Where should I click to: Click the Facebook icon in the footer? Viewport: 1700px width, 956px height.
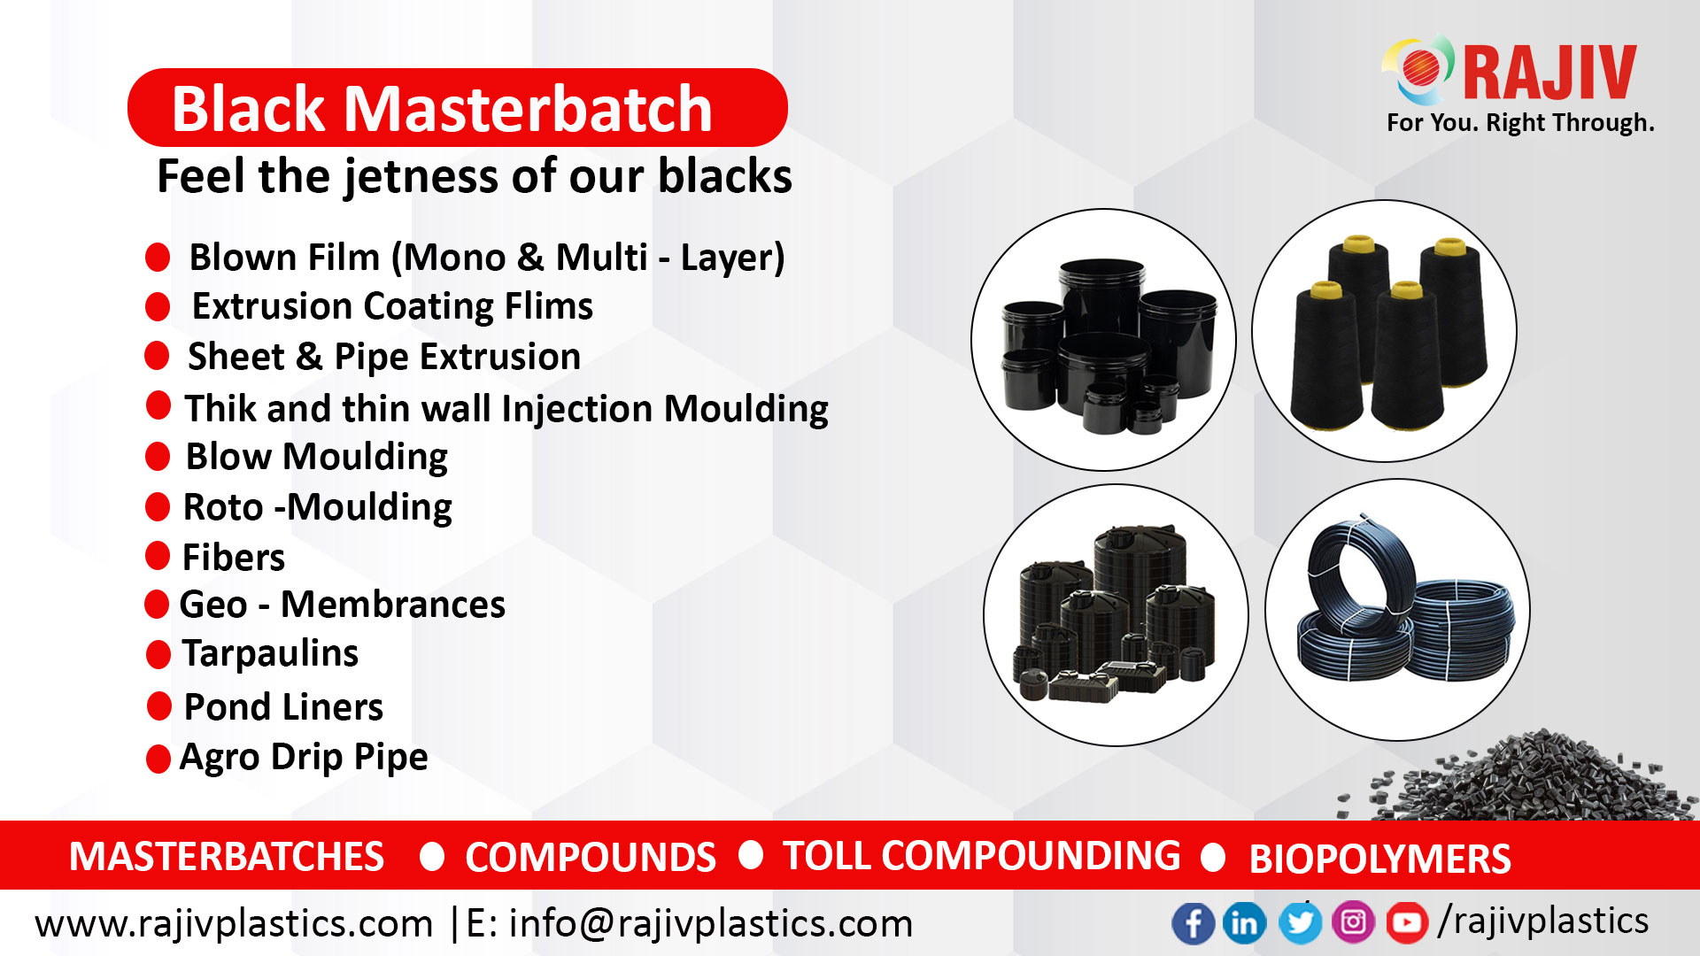tap(1193, 923)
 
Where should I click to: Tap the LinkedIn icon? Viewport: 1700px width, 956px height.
tap(1244, 923)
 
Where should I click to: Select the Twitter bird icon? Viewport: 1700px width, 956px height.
tap(1299, 923)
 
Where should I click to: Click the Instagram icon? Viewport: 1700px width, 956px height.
tap(1353, 923)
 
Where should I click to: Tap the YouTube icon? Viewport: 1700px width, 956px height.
tap(1406, 923)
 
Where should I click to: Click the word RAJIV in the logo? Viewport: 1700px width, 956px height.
tap(1549, 73)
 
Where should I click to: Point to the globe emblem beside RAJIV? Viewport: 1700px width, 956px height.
tap(1418, 69)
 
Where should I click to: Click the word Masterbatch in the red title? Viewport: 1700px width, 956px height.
tap(528, 109)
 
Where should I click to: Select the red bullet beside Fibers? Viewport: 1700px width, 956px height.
tap(158, 556)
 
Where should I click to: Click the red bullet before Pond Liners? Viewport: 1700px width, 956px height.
tap(159, 706)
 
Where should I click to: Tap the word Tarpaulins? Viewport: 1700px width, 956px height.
tap(270, 653)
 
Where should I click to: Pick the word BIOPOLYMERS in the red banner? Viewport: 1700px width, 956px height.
tap(1379, 859)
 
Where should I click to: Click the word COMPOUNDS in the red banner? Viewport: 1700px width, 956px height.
tap(591, 857)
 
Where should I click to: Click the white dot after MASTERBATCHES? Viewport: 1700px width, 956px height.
tap(432, 856)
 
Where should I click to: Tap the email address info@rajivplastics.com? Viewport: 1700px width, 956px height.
tap(711, 923)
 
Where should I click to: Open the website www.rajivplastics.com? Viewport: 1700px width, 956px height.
tap(234, 923)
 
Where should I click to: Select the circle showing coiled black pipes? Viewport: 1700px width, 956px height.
tap(1396, 610)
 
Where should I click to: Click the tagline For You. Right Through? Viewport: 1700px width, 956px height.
tap(1520, 122)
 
